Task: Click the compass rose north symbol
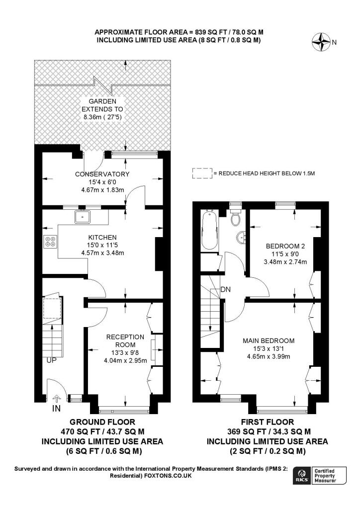pos(321,42)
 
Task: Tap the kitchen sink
pos(84,217)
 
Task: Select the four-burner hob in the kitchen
pos(50,242)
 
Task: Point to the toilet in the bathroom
pos(235,217)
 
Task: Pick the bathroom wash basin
pos(241,237)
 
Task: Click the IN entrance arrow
pos(56,399)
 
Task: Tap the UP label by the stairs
pos(51,360)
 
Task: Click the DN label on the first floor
pos(225,289)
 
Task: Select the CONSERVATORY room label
pos(102,174)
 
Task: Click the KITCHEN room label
pos(102,237)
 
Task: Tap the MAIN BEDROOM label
pos(269,340)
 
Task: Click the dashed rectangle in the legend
pos(202,173)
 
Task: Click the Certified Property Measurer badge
pos(329,476)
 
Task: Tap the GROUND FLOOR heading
pos(102,422)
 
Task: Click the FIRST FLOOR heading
pos(268,422)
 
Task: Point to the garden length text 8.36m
pos(92,117)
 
